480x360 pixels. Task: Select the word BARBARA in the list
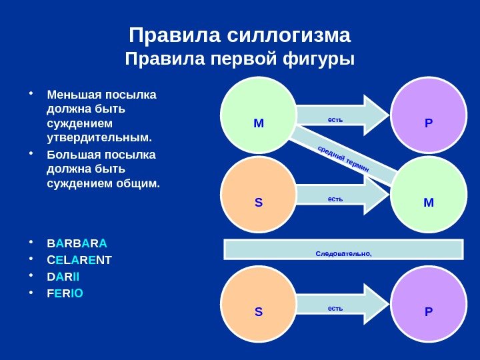point(77,242)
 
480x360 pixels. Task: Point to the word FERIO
point(65,293)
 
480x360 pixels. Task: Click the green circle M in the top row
point(259,115)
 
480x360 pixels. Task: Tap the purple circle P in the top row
point(429,115)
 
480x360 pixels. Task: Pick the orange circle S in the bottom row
point(259,305)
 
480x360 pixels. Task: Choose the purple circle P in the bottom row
point(429,305)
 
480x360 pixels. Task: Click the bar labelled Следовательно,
point(343,249)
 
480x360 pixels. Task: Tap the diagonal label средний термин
point(343,161)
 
